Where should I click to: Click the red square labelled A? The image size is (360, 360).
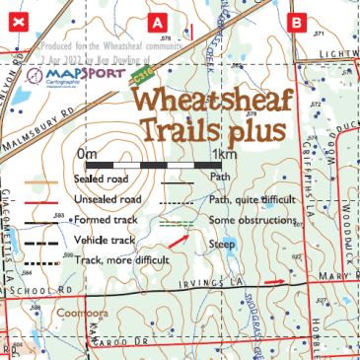157,21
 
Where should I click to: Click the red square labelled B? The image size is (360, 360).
295,21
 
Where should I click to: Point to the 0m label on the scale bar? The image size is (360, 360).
86,155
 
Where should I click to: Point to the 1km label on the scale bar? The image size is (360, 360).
224,155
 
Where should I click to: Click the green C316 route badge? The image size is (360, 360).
142,78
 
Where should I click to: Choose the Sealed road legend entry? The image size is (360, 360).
99,180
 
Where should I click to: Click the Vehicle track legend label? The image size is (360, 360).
103,239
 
